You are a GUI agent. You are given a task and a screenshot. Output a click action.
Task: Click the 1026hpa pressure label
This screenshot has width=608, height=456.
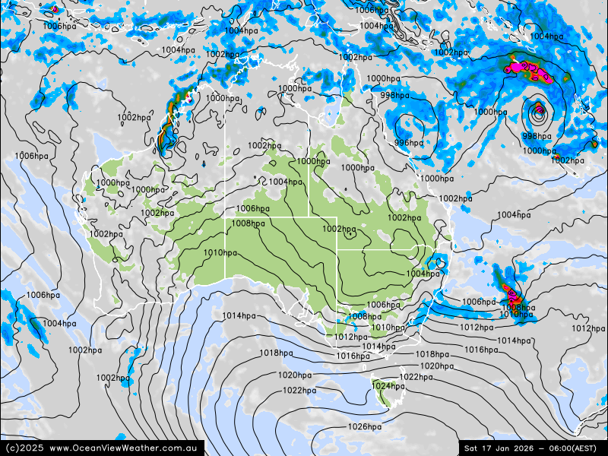[x=364, y=427]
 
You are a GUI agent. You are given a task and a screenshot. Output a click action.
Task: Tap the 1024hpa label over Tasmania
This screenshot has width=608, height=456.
[x=388, y=386]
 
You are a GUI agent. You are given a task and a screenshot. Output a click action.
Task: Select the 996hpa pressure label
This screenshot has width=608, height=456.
[x=409, y=143]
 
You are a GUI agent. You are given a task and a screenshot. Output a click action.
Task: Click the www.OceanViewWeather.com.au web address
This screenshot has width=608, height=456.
[x=125, y=448]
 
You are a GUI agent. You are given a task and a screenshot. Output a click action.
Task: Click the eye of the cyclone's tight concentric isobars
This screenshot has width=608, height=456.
[x=538, y=112]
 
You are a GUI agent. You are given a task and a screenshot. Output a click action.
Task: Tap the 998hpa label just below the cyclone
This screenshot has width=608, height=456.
[x=537, y=137]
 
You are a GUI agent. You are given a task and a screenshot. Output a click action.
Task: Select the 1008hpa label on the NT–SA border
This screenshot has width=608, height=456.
[x=249, y=223]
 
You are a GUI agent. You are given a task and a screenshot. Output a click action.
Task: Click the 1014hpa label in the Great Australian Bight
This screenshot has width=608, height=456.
[x=239, y=316]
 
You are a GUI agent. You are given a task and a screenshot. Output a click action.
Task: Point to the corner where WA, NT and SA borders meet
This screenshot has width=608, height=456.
[x=226, y=217]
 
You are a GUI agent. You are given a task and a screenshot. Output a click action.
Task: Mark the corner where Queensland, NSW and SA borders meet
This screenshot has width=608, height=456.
[x=337, y=249]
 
